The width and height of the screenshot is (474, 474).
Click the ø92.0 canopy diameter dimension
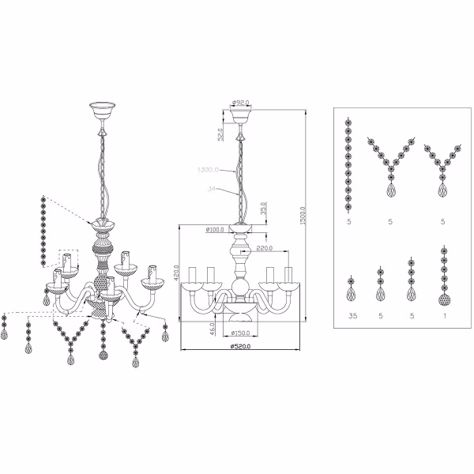pos(241,102)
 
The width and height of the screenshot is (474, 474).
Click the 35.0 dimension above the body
pos(263,209)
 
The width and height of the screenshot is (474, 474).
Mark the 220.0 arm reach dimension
pos(265,248)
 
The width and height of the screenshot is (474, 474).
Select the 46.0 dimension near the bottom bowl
pos(213,325)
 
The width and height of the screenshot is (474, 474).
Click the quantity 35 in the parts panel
pos(350,316)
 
